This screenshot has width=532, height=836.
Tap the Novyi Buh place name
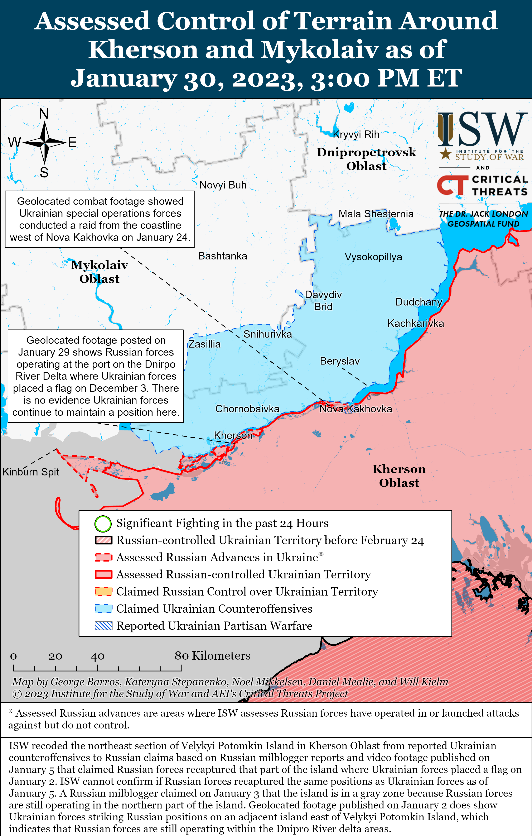point(223,185)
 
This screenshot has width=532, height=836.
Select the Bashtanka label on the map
point(222,256)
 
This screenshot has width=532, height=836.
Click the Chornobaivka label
point(247,409)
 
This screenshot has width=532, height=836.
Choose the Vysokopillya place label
point(373,257)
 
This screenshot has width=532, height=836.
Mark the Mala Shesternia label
point(376,214)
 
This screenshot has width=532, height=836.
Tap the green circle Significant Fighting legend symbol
point(103,524)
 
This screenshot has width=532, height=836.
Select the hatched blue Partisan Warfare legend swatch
point(103,626)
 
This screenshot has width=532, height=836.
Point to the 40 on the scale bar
point(97,656)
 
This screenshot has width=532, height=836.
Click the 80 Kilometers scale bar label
point(212,655)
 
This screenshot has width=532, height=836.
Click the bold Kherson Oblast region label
point(399,476)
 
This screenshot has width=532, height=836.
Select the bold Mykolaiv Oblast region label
point(99,272)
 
